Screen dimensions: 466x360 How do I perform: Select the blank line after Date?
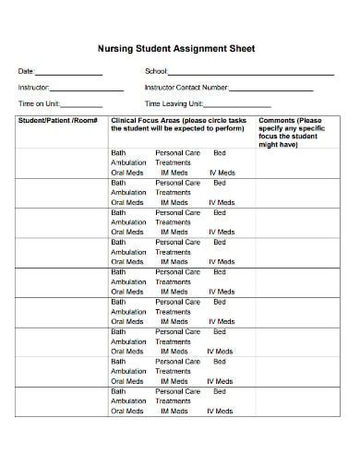(68, 74)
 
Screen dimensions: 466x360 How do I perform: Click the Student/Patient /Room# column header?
(58, 121)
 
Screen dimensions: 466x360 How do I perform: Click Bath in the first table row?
(118, 152)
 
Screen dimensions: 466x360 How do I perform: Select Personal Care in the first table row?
(177, 152)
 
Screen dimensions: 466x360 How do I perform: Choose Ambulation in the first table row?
(129, 162)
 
